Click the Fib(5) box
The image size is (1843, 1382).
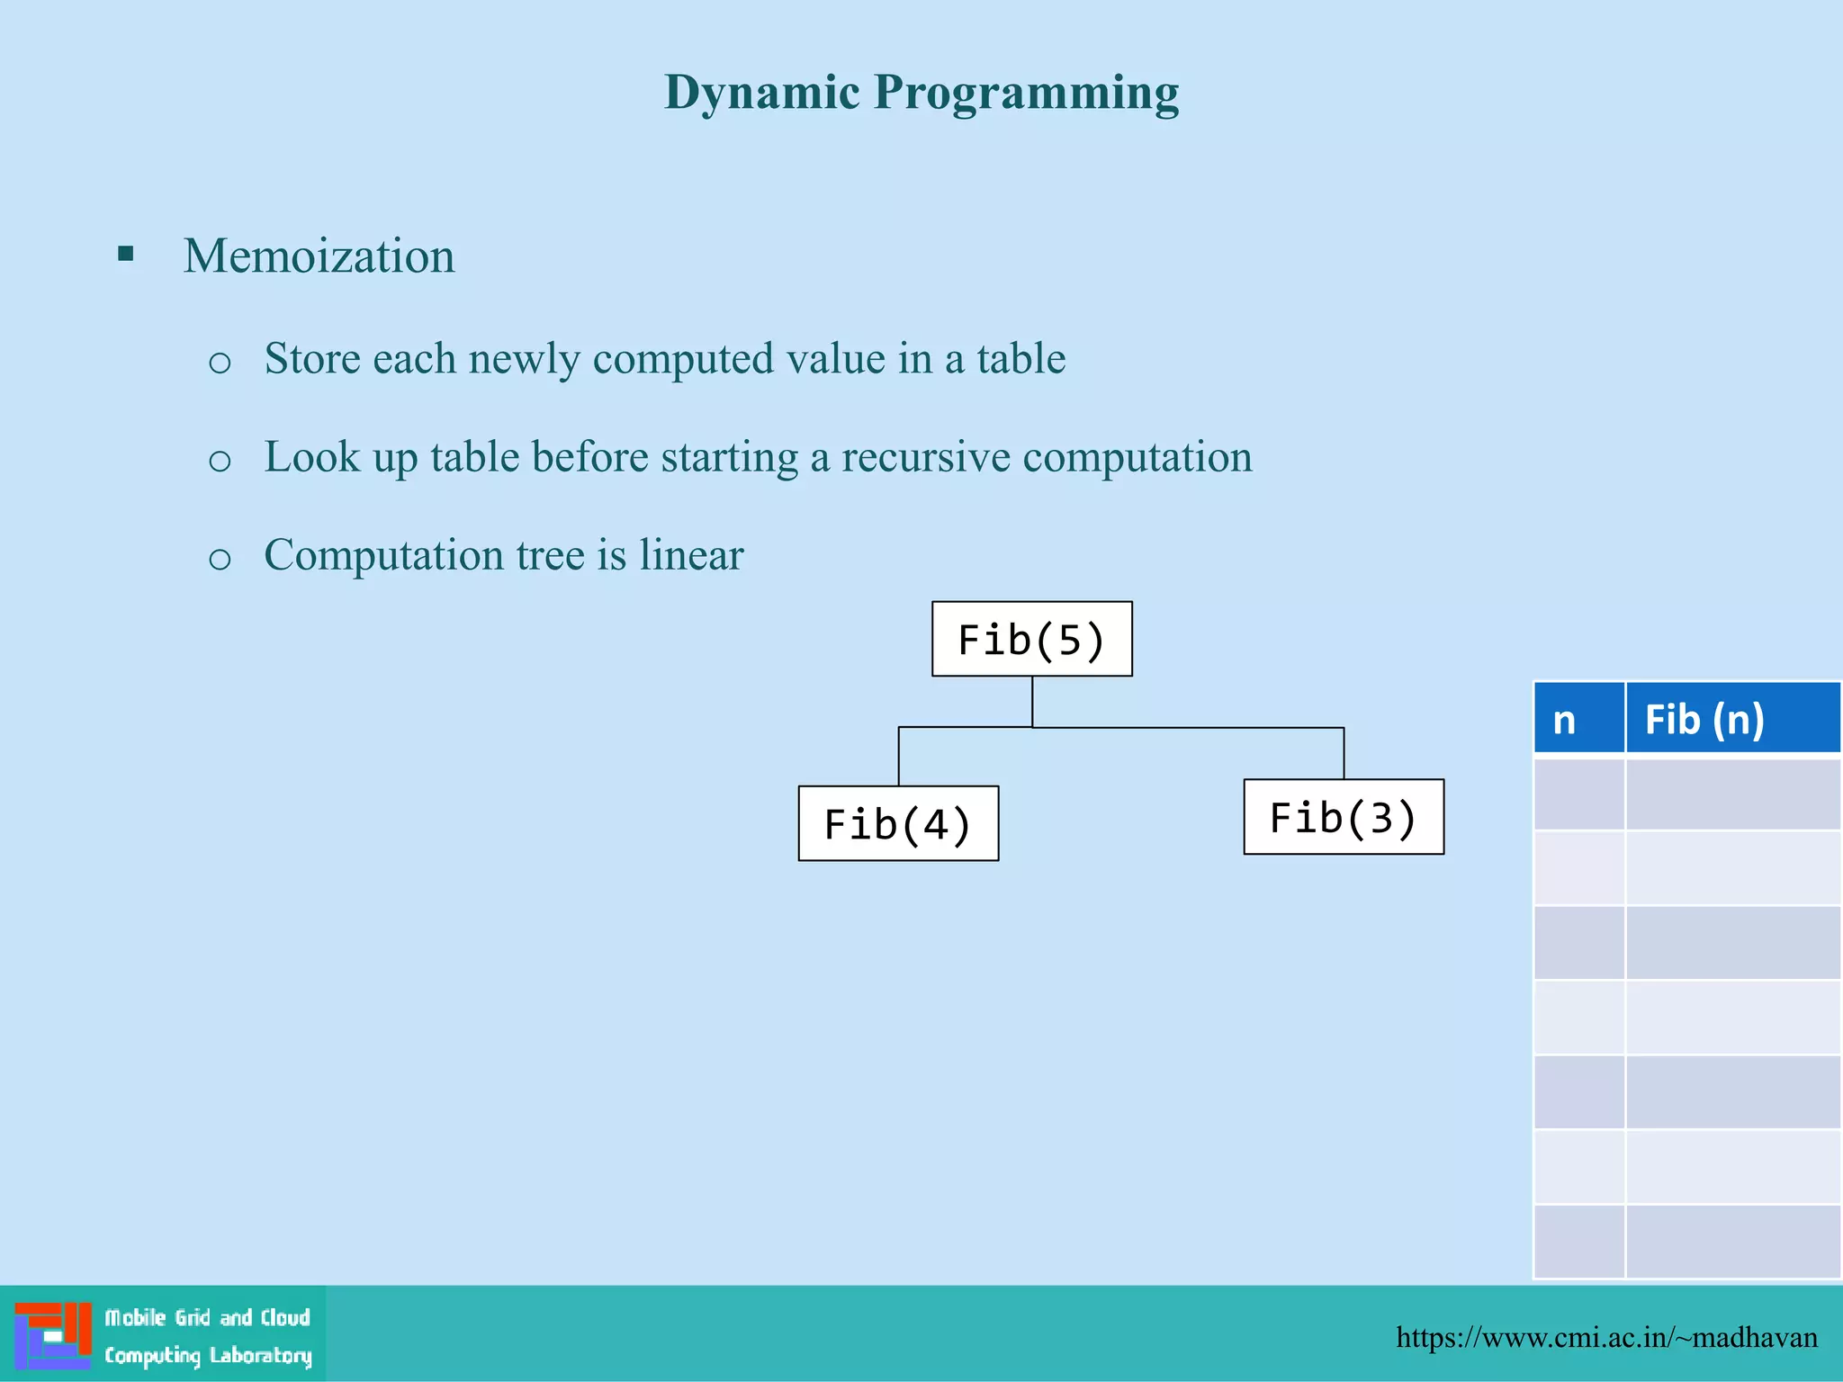(x=1031, y=639)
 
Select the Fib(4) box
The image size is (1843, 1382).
(x=898, y=823)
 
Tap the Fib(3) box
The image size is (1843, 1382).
(x=1344, y=817)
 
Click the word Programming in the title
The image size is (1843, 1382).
(x=1026, y=93)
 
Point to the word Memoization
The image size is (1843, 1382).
(x=319, y=256)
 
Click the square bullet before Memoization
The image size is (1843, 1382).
(x=126, y=254)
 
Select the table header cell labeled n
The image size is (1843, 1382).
(x=1578, y=718)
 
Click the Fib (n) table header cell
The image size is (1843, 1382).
(x=1731, y=718)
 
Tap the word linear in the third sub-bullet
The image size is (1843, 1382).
(x=691, y=554)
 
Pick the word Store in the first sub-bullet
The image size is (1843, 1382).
(x=311, y=359)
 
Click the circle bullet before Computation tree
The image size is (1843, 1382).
(x=220, y=559)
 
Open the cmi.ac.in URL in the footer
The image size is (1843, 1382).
(x=1606, y=1337)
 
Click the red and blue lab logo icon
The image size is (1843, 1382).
(x=53, y=1335)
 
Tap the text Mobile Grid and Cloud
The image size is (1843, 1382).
(x=207, y=1318)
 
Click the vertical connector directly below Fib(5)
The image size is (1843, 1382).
(x=1032, y=701)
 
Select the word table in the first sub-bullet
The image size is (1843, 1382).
(x=1020, y=359)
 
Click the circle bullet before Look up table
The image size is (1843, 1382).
(x=220, y=461)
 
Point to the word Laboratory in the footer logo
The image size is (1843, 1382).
(x=260, y=1356)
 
